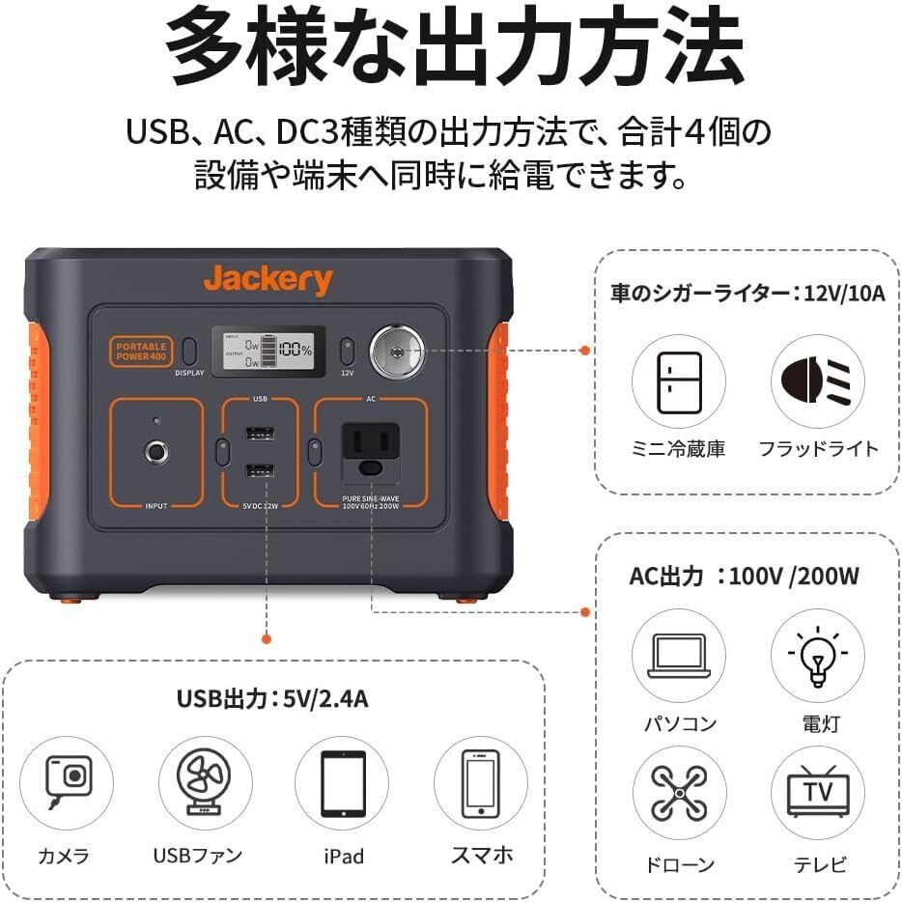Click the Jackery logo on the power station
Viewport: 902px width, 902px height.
click(268, 281)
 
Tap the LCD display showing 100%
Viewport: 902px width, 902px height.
click(277, 350)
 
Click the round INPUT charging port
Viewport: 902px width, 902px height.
click(154, 451)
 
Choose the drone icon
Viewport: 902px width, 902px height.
click(679, 794)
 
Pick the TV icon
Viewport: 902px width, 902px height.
click(817, 794)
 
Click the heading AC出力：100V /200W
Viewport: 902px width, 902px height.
click(744, 577)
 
